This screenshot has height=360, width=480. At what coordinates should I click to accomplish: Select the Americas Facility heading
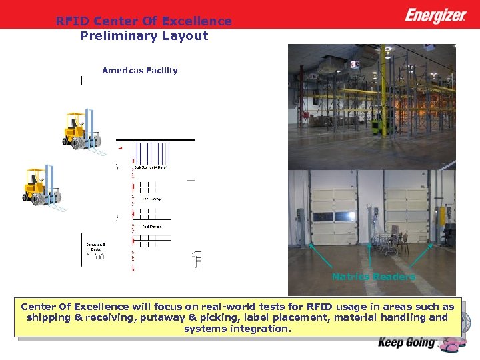pos(140,70)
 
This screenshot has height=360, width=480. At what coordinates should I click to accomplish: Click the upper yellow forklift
pos(81,131)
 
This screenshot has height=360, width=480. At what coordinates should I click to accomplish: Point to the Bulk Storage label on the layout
pos(151,167)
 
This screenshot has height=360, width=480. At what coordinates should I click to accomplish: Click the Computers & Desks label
pos(96,247)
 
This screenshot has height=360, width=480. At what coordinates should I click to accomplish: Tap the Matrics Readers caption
pos(373,277)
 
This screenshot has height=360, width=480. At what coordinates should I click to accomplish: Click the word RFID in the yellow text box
pos(319,307)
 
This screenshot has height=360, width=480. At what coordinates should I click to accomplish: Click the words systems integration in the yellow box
pos(237,329)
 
